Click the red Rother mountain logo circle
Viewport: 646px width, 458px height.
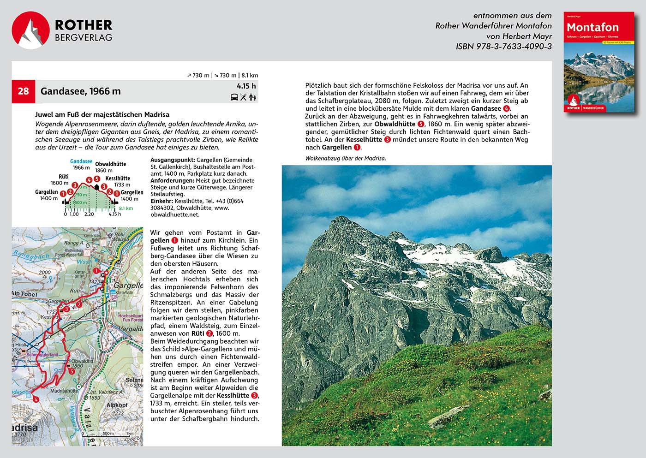coord(30,30)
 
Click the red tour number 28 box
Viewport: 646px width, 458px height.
coord(23,91)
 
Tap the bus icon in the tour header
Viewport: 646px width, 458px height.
coord(234,97)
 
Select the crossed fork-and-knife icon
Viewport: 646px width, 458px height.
coord(244,97)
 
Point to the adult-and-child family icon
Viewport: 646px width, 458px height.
coord(252,97)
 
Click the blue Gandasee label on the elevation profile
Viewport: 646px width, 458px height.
coord(81,161)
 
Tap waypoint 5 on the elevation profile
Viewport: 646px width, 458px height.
coord(97,179)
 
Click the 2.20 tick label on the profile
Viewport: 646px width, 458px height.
coord(89,214)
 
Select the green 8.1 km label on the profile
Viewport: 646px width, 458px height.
coord(126,208)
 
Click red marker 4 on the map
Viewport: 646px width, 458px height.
coord(36,399)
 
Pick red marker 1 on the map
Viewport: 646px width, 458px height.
coord(96,271)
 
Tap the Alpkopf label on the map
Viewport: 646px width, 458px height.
coord(116,405)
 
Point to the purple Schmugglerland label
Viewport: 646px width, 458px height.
coord(42,355)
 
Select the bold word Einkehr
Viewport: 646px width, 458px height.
coord(161,201)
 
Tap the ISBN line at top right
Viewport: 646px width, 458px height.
coord(503,46)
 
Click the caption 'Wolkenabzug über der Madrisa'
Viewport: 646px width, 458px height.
coord(345,158)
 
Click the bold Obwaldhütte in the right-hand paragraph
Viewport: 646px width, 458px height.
coord(395,124)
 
